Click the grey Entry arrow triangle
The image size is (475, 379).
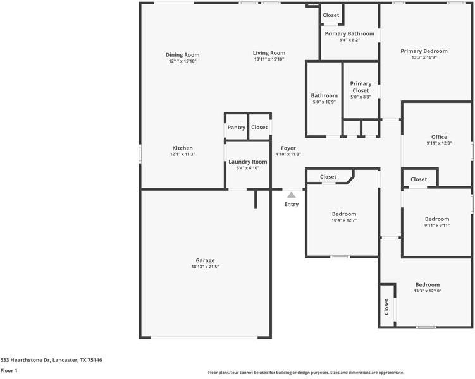coord(292,195)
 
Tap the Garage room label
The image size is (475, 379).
coord(205,260)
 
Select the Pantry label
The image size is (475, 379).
coord(237,128)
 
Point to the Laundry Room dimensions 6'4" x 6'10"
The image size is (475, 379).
coord(248,168)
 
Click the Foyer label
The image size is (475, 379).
coord(288,148)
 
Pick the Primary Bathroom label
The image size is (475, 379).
coord(350,33)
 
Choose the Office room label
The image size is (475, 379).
coord(439,136)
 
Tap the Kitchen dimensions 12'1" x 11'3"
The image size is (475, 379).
coord(182,154)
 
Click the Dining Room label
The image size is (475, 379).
coord(182,55)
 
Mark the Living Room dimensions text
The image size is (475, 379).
coord(269,59)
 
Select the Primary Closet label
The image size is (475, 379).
coord(361,87)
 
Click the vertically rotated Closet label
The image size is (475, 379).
coord(386,307)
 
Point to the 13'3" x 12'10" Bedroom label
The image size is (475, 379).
coord(428,285)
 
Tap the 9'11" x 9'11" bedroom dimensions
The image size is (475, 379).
coord(437,226)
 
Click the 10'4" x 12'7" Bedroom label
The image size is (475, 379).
coord(344,214)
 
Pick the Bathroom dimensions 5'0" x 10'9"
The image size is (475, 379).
coord(324,102)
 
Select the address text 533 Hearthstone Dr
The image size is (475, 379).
coord(25,360)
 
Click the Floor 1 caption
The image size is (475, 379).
coord(9,370)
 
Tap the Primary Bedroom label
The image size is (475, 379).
coord(424,51)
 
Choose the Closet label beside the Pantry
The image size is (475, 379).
coord(259,128)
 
